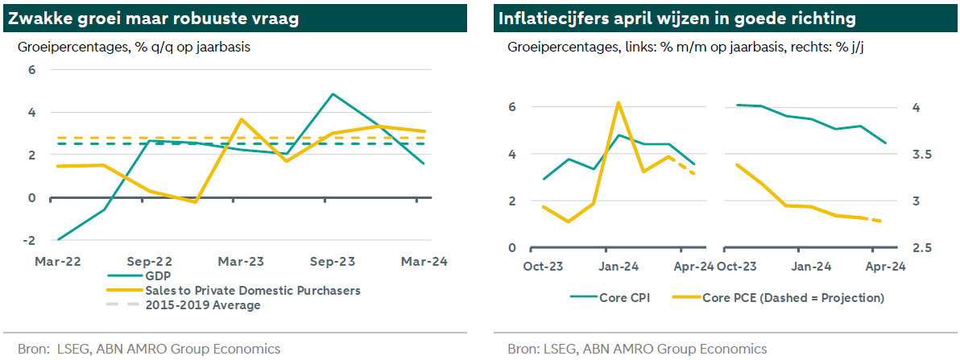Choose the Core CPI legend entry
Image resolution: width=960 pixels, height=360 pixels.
[x=626, y=298]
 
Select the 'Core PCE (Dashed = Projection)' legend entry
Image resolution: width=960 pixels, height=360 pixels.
[x=793, y=298]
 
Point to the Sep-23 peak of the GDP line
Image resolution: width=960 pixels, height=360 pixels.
[x=333, y=94]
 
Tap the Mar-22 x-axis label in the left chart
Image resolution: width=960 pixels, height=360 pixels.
[x=57, y=261]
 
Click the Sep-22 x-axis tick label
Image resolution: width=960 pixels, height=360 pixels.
[x=150, y=261]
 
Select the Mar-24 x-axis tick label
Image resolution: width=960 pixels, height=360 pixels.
[x=425, y=261]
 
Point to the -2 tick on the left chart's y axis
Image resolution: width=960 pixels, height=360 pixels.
[x=31, y=241]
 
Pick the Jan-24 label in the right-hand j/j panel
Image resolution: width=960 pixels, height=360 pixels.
[x=813, y=267]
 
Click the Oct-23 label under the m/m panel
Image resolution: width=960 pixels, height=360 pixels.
[x=544, y=267]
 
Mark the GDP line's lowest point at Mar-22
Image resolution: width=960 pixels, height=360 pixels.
[x=58, y=239]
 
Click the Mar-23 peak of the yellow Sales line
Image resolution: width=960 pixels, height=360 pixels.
[x=242, y=119]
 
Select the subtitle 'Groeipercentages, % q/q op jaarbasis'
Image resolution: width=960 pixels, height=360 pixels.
[x=134, y=47]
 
